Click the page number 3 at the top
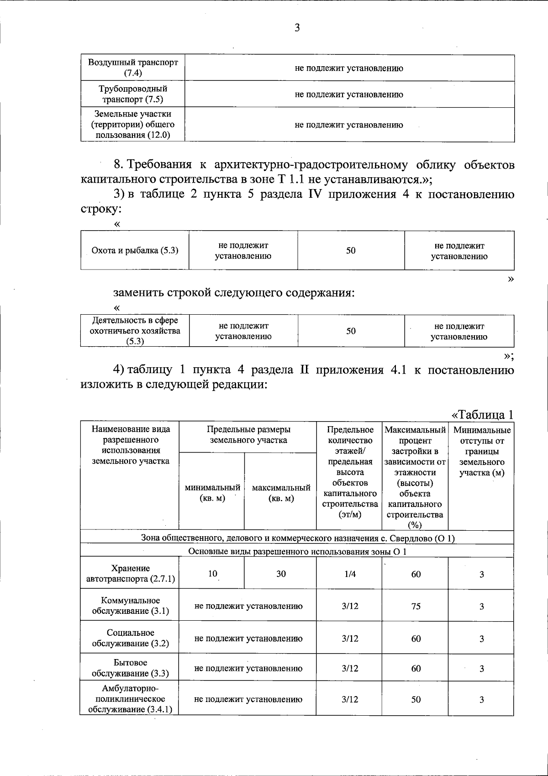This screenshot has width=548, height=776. point(297,28)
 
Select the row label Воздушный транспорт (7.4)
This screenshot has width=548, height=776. point(133,68)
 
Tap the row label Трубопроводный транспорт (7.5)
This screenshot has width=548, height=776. point(133,94)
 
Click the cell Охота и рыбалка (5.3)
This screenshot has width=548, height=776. point(135,250)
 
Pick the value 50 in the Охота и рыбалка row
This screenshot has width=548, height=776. point(351,250)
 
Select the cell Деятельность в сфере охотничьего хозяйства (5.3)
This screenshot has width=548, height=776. point(135,331)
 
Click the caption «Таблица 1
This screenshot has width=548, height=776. point(482,415)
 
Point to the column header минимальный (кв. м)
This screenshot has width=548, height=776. point(212,493)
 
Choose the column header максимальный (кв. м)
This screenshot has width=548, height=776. point(281,493)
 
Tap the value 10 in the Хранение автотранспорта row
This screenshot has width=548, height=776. point(212,573)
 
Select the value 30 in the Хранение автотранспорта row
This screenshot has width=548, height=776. point(281,574)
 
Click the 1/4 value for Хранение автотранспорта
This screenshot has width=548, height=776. point(350,574)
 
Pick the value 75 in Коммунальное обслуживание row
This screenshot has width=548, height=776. point(416,606)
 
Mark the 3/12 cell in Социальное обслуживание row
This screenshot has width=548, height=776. point(350,638)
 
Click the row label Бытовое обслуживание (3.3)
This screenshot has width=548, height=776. point(130,668)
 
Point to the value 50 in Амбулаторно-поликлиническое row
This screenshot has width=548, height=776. point(416,699)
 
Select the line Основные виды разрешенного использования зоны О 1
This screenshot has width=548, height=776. point(297,551)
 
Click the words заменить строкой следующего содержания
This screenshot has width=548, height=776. point(234,292)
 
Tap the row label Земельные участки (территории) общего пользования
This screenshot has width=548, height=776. point(133,124)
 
